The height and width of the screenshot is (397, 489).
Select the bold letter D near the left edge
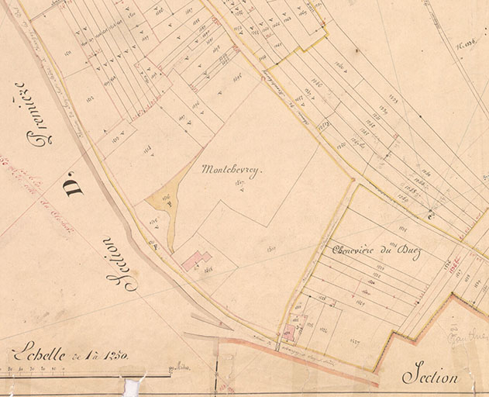pyautogui.click(x=75, y=182)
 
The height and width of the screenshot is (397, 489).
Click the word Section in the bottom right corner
pyautogui.click(x=430, y=377)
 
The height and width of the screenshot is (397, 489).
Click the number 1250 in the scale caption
pyautogui.click(x=112, y=356)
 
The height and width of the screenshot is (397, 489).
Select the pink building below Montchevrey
pyautogui.click(x=196, y=260)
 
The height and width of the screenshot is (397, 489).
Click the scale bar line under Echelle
pyautogui.click(x=85, y=376)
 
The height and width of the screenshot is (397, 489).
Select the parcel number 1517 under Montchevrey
pyautogui.click(x=239, y=183)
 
